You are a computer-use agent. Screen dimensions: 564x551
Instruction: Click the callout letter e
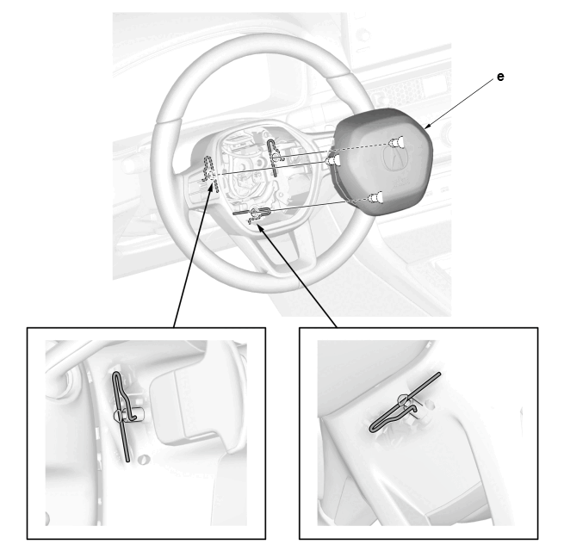500,77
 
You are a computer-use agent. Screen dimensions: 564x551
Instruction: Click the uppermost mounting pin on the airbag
397,143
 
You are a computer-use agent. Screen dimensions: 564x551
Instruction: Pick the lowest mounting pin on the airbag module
375,197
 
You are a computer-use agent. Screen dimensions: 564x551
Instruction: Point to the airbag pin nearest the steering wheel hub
332,161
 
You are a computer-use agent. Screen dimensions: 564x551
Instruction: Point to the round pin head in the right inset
403,399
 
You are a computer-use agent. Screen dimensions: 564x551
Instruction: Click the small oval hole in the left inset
144,459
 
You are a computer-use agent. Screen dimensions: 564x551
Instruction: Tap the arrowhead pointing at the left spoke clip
212,186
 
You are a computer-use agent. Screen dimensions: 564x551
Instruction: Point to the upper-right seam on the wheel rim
340,77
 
